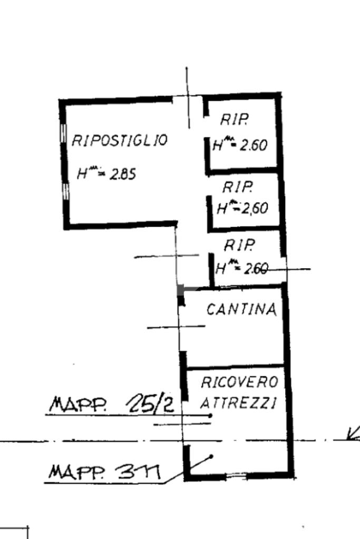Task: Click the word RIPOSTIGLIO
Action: coord(119,141)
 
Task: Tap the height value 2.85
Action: coord(123,174)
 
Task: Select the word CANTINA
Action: coord(241,310)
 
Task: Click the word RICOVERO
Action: coord(239,383)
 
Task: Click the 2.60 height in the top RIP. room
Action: coord(254,145)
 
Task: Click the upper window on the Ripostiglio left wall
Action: coord(64,134)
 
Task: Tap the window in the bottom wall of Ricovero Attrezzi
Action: coord(238,476)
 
